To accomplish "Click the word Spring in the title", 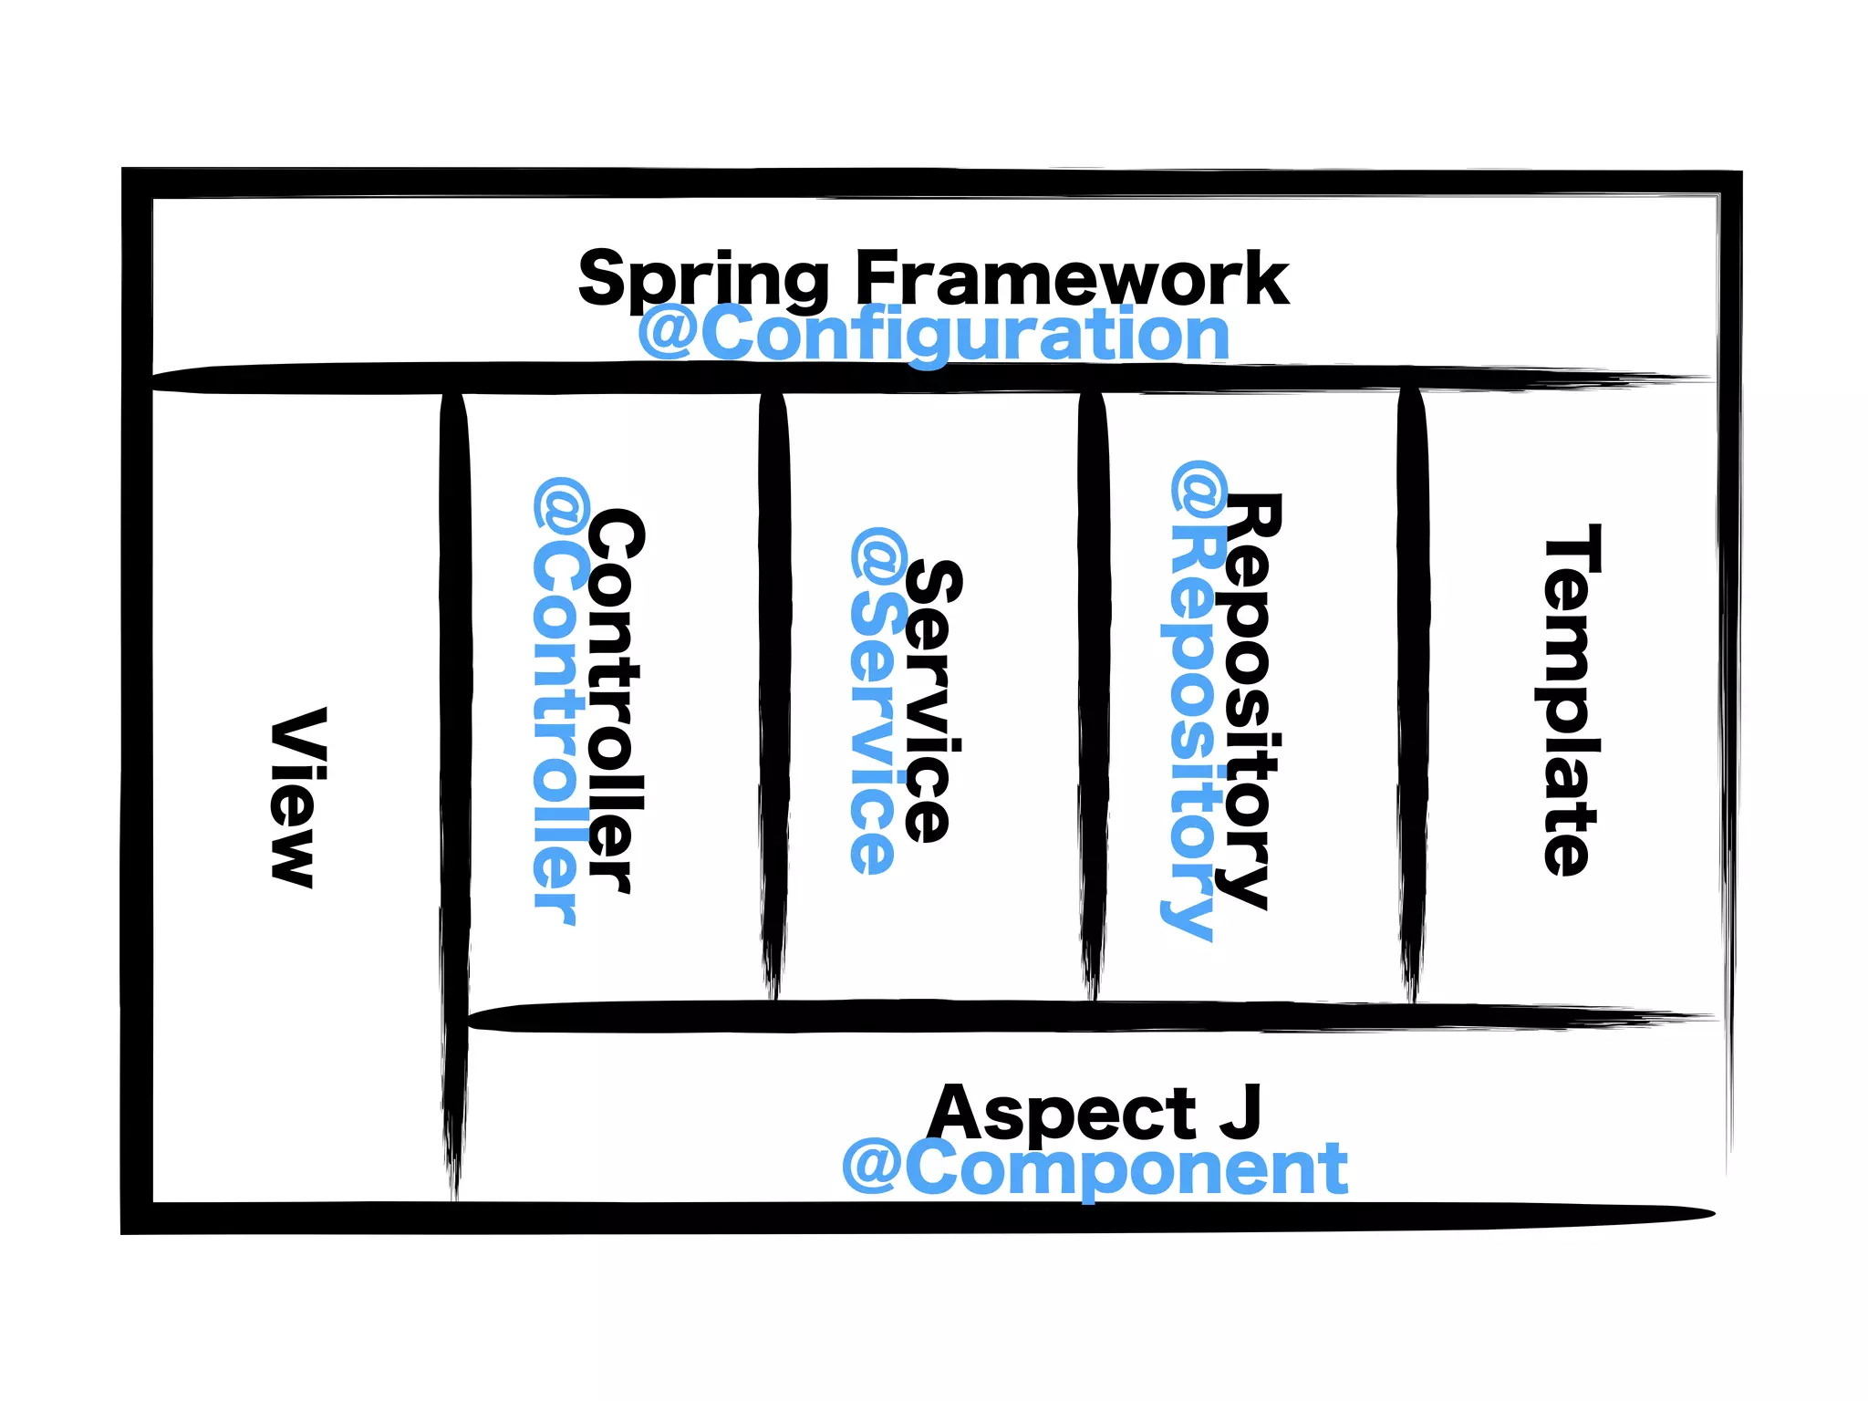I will [x=702, y=278].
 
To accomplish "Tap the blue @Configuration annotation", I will [x=933, y=334].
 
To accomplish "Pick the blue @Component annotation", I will [x=1095, y=1168].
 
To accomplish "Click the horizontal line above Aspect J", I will [x=1049, y=1016].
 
